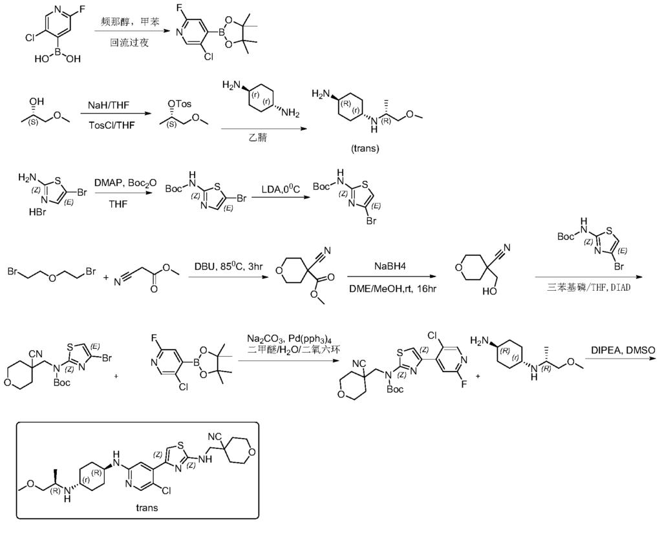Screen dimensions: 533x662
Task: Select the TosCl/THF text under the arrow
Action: [x=111, y=125]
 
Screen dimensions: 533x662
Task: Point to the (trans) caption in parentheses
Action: [x=366, y=148]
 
